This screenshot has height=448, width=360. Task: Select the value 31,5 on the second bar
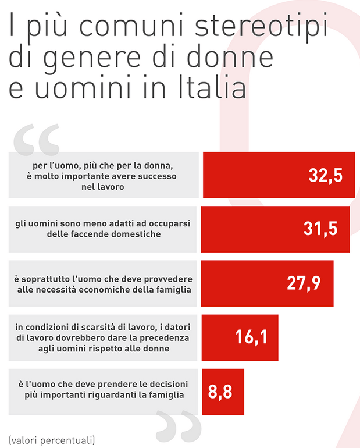(320, 229)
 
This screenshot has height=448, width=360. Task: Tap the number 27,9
(304, 283)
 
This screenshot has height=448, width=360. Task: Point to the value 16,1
(252, 336)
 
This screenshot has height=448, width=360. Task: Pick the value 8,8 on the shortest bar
(220, 392)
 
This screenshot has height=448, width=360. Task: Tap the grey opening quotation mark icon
(36, 139)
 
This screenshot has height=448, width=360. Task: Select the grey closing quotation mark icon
(174, 428)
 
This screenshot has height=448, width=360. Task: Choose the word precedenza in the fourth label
(166, 337)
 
